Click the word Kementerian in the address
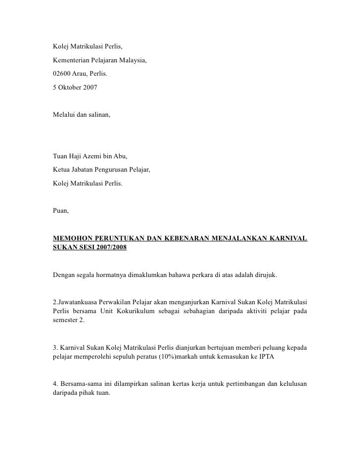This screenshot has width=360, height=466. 72,62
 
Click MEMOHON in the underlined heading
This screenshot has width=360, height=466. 73,239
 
